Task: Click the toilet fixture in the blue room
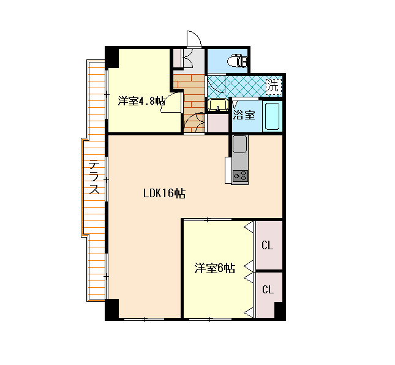[x=237, y=61]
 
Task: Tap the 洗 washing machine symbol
[x=274, y=86]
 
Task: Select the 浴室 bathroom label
[x=244, y=115]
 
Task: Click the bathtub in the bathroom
[x=272, y=116]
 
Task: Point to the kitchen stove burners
[x=240, y=176]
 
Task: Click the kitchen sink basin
[x=239, y=144]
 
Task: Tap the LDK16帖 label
[x=165, y=194]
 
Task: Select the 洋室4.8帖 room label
[x=141, y=101]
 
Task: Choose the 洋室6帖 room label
[x=214, y=268]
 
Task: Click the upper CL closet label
[x=267, y=245]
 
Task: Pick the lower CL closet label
[x=268, y=290]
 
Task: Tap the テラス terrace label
[x=94, y=177]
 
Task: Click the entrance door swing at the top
[x=194, y=39]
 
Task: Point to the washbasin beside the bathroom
[x=217, y=105]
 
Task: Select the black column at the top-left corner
[x=112, y=57]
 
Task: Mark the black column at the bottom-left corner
[x=112, y=309]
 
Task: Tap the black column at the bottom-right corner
[x=280, y=311]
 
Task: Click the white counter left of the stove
[x=228, y=170]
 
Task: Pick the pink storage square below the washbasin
[x=217, y=123]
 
